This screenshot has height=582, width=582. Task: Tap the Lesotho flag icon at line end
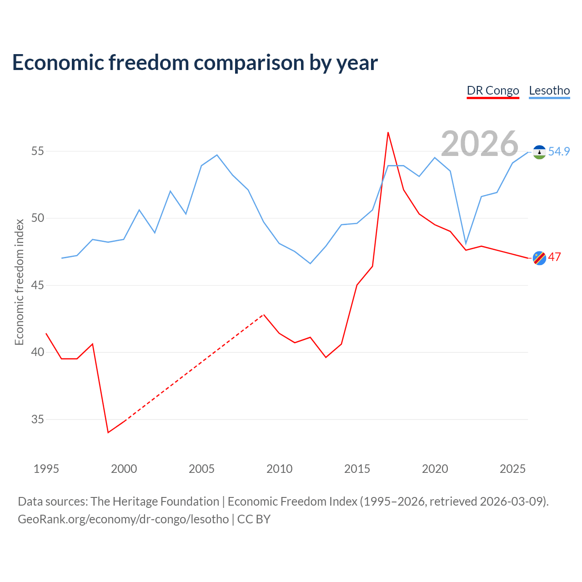(539, 152)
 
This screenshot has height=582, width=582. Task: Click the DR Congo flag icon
(539, 258)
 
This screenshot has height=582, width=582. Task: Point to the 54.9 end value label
(559, 151)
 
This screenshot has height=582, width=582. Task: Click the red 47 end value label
(555, 257)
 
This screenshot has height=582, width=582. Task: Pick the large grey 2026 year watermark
(480, 144)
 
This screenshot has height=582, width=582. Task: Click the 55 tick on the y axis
(37, 151)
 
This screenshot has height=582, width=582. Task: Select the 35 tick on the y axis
(37, 419)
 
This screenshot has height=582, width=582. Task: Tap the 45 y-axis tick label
(37, 285)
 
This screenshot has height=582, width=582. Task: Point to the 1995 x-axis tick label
(46, 469)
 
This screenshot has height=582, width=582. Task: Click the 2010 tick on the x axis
(279, 469)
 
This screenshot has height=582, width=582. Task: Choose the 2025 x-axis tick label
(512, 469)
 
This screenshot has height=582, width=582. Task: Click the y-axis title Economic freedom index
(20, 282)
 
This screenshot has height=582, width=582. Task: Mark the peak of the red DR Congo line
(388, 133)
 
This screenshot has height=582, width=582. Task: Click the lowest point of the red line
(108, 432)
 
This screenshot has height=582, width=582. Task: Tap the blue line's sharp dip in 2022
(466, 243)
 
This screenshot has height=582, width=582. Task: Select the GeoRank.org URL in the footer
(123, 519)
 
